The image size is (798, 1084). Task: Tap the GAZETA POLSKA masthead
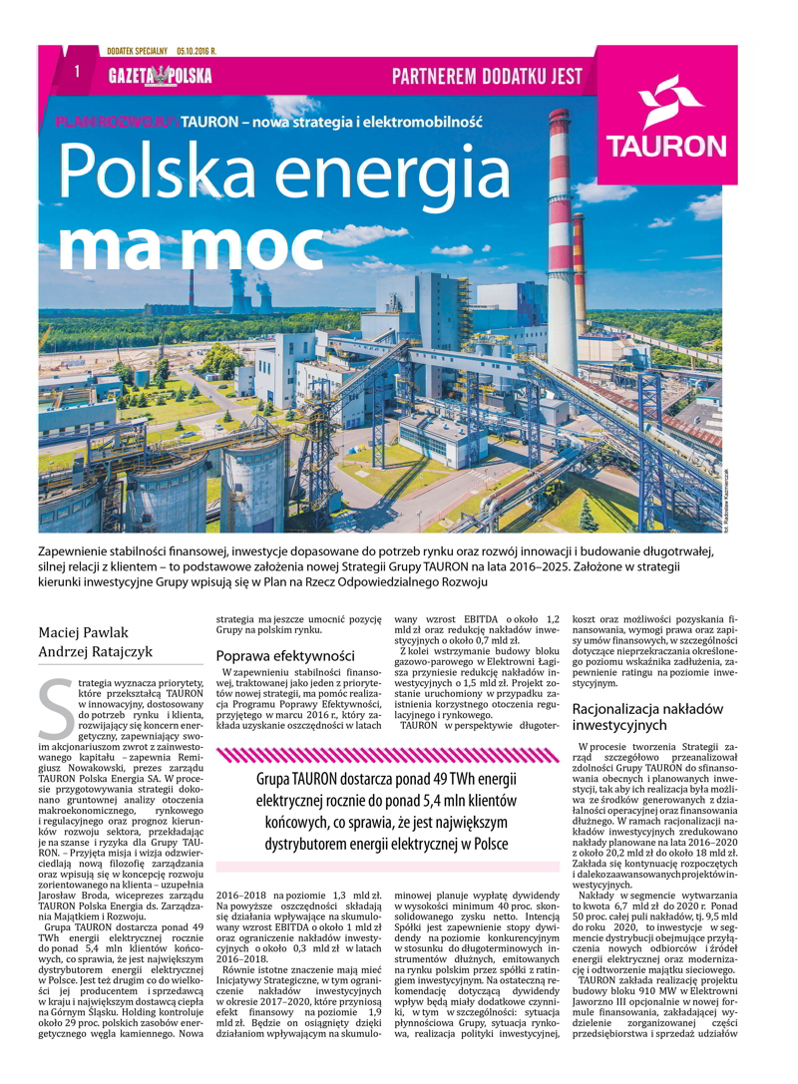pyautogui.click(x=160, y=76)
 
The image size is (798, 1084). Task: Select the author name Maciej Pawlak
pyautogui.click(x=85, y=631)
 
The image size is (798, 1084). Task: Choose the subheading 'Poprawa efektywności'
pyautogui.click(x=285, y=655)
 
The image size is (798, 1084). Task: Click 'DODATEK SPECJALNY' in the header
pyautogui.click(x=137, y=50)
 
